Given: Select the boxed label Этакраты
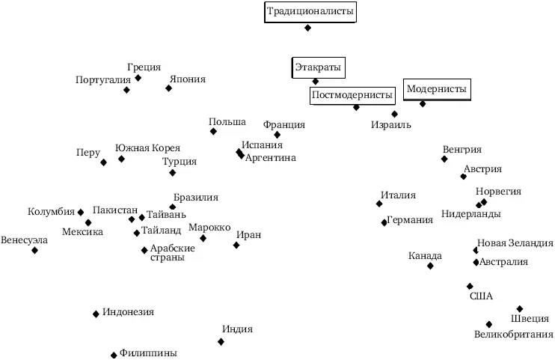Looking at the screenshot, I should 316,68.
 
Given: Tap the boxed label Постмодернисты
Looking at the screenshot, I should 352,96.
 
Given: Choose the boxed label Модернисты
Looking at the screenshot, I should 436,90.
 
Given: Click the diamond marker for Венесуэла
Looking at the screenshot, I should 34,250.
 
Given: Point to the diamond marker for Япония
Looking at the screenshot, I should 168,88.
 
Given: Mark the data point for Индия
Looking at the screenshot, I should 221,341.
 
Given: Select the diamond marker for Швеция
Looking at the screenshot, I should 520,308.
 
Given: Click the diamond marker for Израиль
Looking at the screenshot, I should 394,114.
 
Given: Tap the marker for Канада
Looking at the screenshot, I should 430,266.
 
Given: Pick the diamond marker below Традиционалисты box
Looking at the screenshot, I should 307,28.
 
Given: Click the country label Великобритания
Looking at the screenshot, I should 513,335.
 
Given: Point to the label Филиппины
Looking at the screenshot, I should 148,353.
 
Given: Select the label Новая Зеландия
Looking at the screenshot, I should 515,243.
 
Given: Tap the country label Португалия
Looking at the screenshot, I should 103,80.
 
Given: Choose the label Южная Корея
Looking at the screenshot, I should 147,148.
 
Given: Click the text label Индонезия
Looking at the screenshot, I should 128,312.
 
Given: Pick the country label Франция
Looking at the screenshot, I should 284,124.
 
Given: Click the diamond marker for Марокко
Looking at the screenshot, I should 203,238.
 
